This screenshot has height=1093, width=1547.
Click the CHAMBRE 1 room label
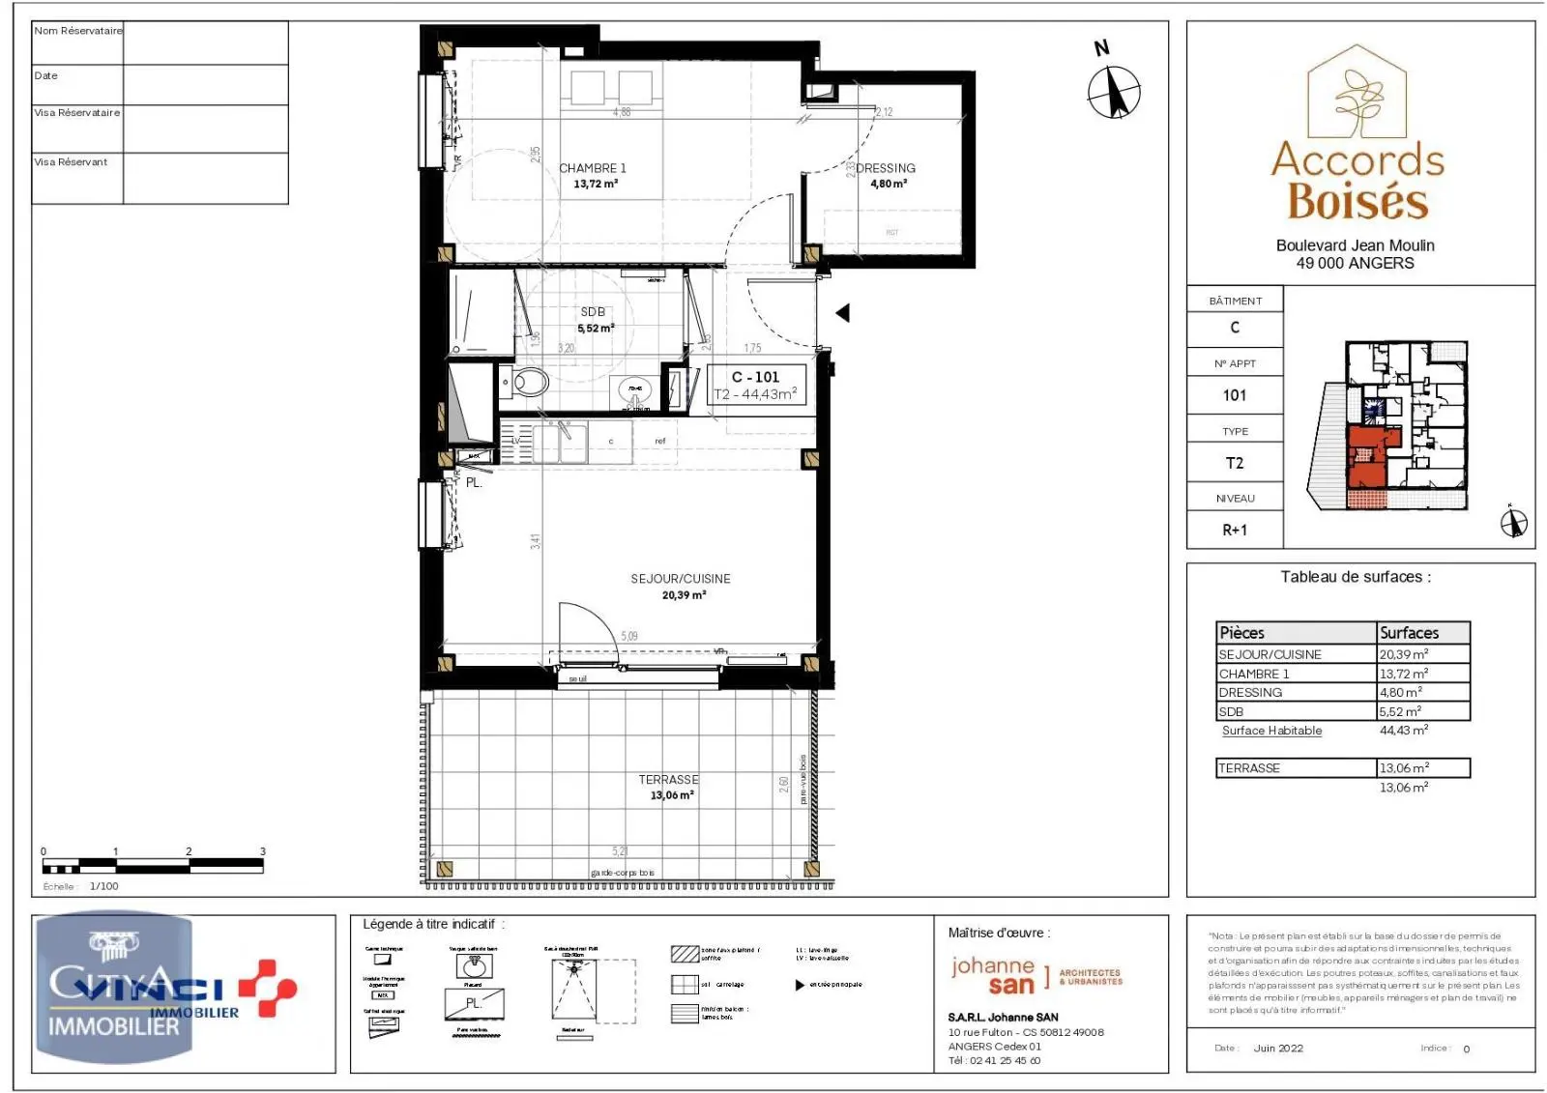click(593, 169)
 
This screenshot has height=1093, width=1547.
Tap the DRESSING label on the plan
click(886, 169)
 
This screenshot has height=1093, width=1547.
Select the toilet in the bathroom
click(527, 383)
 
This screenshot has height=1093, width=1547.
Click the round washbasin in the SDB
click(635, 392)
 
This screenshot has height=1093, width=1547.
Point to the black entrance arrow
click(842, 313)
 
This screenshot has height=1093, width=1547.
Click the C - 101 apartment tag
click(755, 378)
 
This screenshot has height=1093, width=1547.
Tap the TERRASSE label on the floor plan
click(668, 780)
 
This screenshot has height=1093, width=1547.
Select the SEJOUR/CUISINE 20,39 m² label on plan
click(681, 587)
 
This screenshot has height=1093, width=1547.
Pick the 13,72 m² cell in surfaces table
click(1404, 674)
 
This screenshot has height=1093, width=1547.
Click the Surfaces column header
click(1409, 633)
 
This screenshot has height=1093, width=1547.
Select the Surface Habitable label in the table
click(1271, 731)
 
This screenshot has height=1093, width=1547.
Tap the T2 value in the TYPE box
click(1235, 463)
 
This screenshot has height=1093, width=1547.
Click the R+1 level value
click(1235, 530)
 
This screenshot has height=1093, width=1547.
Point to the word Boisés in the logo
click(1357, 202)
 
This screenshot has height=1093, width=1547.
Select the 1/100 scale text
click(103, 886)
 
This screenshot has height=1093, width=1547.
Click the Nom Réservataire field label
click(78, 31)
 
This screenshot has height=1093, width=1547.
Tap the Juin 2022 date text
click(1278, 1049)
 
